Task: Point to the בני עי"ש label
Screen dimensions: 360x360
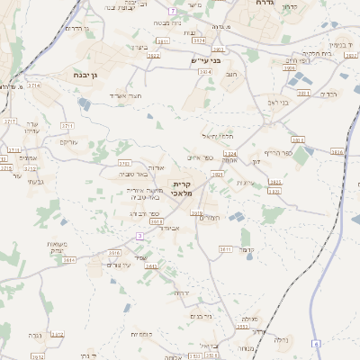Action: click(206, 60)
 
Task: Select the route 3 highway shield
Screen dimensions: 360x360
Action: click(139, 236)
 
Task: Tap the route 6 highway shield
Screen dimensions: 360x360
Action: click(316, 344)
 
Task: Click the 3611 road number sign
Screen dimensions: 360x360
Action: click(225, 248)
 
